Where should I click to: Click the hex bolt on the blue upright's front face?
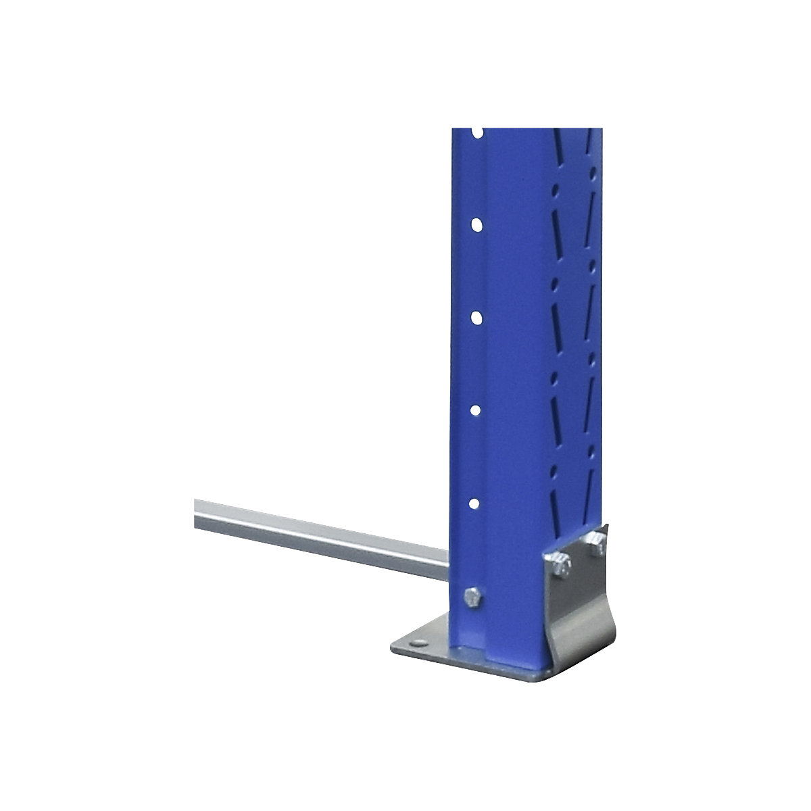click(472, 597)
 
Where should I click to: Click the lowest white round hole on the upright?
click(476, 503)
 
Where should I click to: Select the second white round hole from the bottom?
click(476, 410)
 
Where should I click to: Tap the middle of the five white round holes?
click(476, 317)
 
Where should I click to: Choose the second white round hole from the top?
click(476, 224)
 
